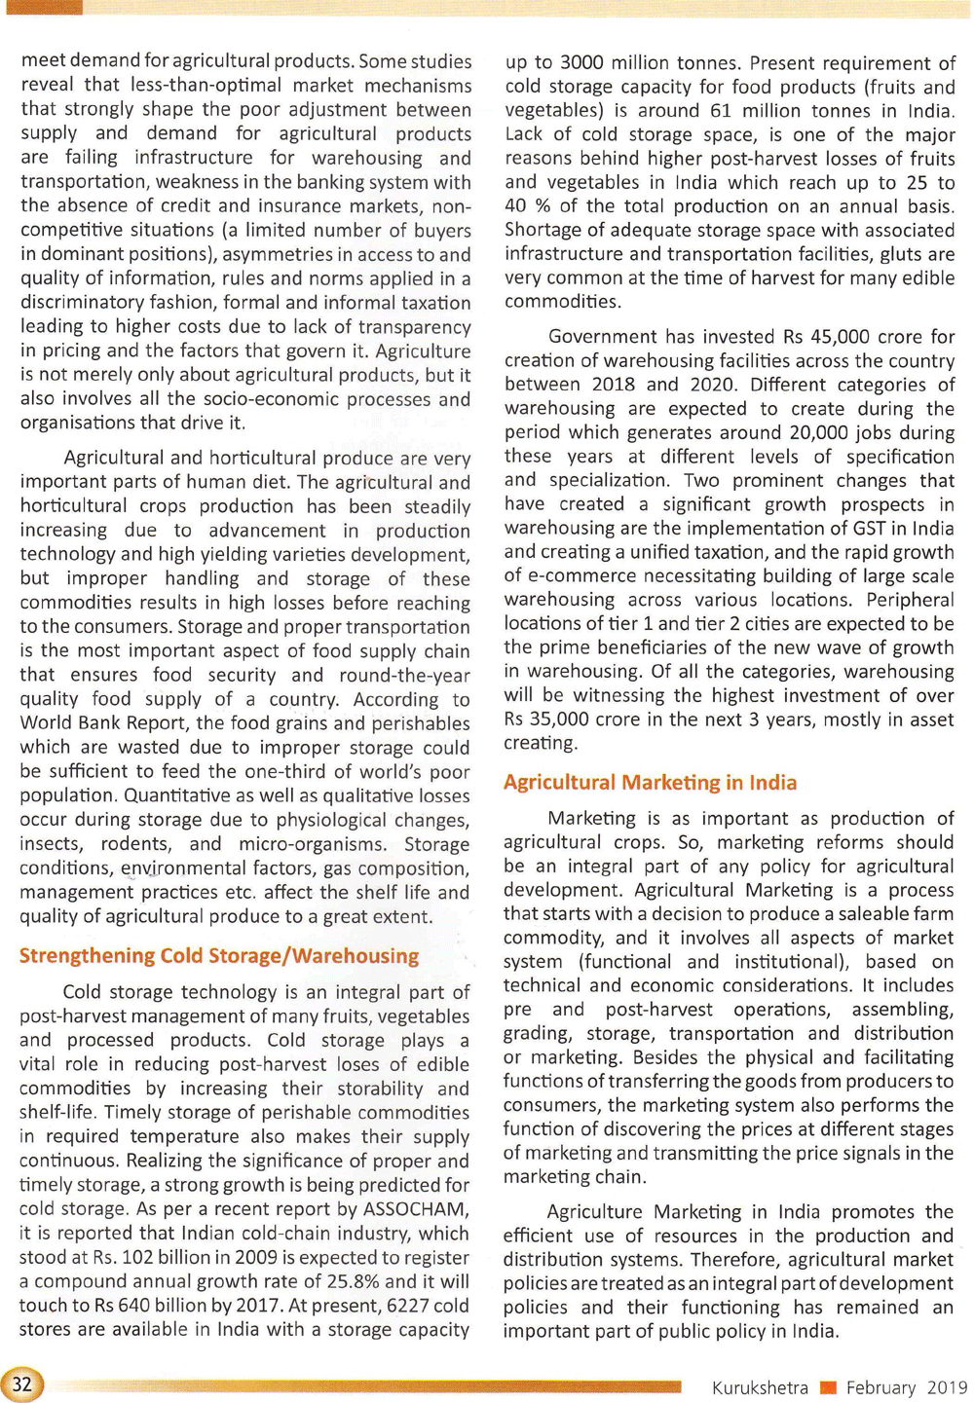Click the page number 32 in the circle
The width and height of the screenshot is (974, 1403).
point(21,1384)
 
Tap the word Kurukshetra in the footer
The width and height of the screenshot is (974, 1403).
point(760,1387)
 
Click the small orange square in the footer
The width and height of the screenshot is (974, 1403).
point(828,1387)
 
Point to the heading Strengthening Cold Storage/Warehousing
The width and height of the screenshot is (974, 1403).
point(219,956)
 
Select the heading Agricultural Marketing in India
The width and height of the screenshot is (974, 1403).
point(650,783)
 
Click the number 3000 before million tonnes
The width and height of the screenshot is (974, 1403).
point(582,63)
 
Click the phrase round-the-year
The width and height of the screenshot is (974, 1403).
point(404,676)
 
